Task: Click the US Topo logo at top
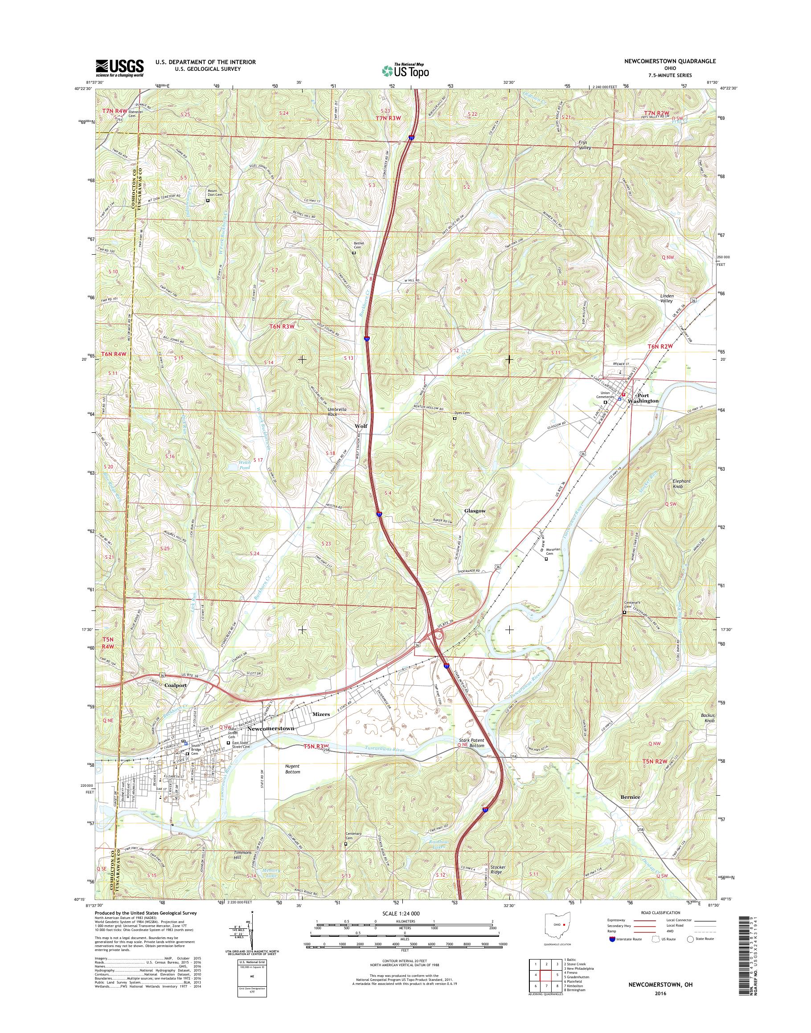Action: [405, 70]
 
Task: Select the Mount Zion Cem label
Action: [215, 193]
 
